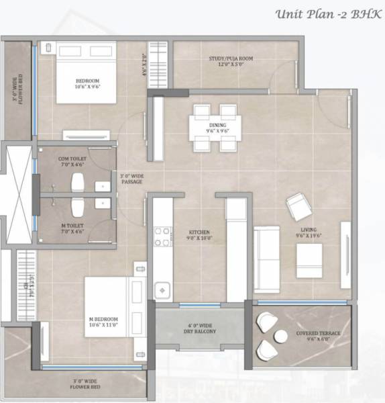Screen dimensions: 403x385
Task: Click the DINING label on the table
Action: tap(217, 128)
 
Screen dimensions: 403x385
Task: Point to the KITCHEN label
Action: tap(199, 234)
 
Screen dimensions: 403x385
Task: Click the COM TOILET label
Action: tap(73, 161)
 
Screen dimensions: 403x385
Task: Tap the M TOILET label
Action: tap(73, 228)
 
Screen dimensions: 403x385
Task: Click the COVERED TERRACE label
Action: tap(318, 336)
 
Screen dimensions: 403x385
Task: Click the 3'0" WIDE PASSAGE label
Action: tap(131, 179)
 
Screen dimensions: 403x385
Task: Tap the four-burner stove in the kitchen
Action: tap(163, 236)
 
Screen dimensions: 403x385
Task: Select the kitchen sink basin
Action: tap(162, 289)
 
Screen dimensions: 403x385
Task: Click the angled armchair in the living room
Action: tap(298, 206)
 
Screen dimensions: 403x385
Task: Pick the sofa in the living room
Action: tap(266, 250)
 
